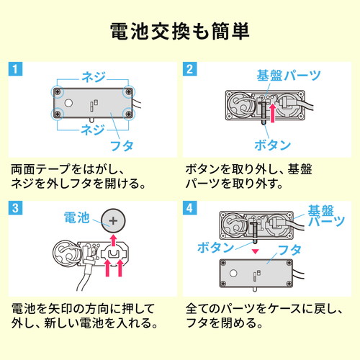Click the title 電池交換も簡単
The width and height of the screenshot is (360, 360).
pyautogui.click(x=180, y=31)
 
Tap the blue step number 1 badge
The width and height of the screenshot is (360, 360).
pyautogui.click(x=16, y=70)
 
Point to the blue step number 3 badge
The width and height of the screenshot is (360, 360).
pyautogui.click(x=16, y=209)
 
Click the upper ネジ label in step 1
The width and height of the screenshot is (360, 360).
pyautogui.click(x=93, y=76)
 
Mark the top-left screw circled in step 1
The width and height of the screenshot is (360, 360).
pyautogui.click(x=58, y=92)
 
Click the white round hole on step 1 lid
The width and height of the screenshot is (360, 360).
pyautogui.click(x=69, y=103)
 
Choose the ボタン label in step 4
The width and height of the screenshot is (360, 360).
pyautogui.click(x=217, y=247)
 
